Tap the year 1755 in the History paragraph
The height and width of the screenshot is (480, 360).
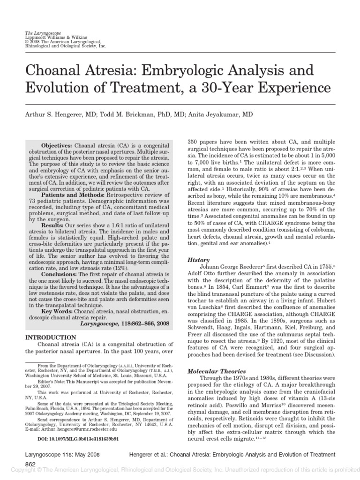click(325, 267)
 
